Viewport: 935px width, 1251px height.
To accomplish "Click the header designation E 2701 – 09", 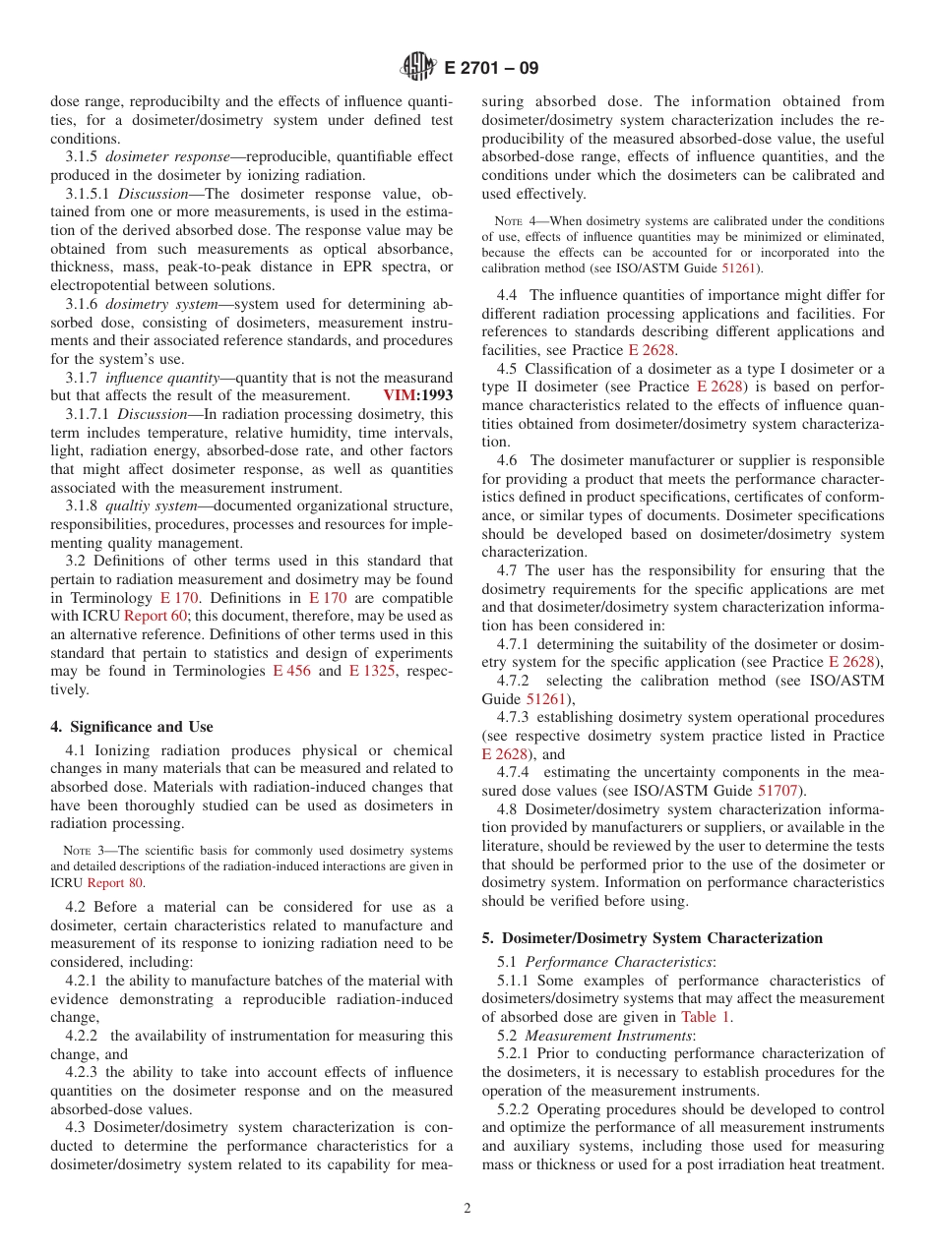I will pyautogui.click(x=491, y=69).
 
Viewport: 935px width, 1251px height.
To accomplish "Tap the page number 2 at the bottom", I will pyautogui.click(x=467, y=1209).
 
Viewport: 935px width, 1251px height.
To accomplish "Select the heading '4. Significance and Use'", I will pyautogui.click(x=132, y=727).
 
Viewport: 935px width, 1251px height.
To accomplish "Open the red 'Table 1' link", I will pyautogui.click(x=705, y=1018).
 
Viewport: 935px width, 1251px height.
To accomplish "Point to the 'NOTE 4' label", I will pyautogui.click(x=509, y=221).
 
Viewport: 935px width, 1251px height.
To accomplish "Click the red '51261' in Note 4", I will pyautogui.click(x=743, y=268).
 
